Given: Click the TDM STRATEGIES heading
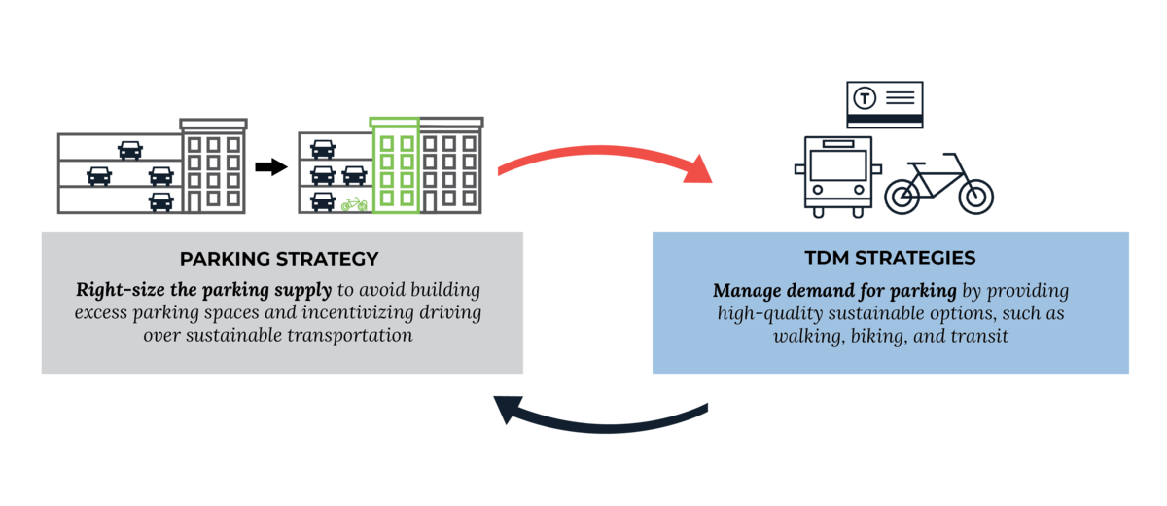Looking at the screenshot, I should [891, 259].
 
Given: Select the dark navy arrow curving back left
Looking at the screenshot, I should [603, 420].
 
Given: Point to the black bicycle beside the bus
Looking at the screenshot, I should [939, 185].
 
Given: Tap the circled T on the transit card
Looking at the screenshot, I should [865, 98].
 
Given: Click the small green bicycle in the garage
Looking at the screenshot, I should [353, 204].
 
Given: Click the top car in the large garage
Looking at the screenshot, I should [129, 149].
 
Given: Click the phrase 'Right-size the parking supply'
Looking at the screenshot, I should [204, 291].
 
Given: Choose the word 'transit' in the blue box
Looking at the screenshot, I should [977, 336].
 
